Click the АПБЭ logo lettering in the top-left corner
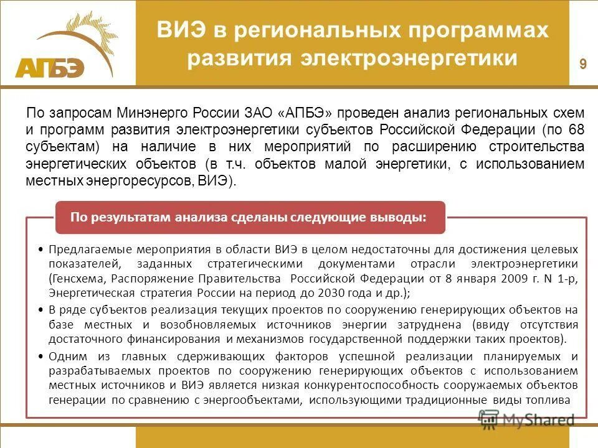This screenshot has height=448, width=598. point(50,67)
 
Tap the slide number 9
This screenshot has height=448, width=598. point(583,64)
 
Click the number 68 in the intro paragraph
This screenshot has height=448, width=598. point(577,130)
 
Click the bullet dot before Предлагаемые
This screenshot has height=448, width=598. point(40,249)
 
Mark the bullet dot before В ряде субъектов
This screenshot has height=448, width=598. point(40,309)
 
